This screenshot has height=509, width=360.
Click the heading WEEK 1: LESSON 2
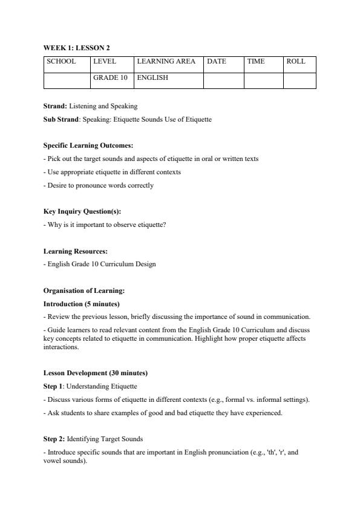pos(77,48)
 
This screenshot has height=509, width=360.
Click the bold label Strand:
pos(55,106)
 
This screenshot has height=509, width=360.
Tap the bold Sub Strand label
pos(61,119)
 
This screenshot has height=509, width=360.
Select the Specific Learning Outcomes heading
pos(88,146)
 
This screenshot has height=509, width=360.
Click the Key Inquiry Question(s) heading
pos(82,212)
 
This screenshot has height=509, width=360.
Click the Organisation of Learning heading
pos(84,291)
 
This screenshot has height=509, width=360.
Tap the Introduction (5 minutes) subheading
pos(82,304)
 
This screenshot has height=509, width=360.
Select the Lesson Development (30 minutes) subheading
pos(96,373)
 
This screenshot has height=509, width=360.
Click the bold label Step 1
pos(53,386)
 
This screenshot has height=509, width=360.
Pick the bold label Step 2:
pos(54,438)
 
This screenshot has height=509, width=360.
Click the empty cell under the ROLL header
pos(299,80)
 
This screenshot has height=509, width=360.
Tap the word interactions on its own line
pos(61,347)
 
